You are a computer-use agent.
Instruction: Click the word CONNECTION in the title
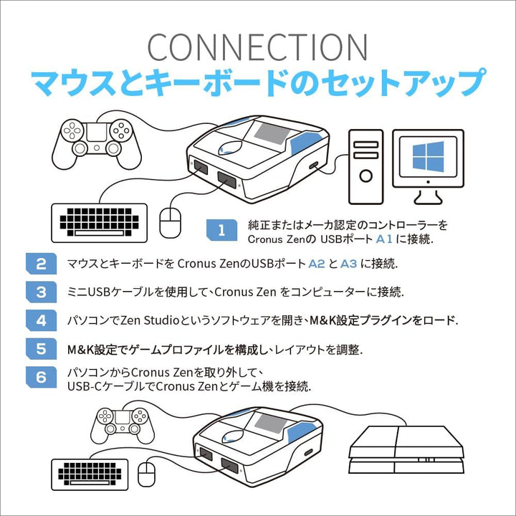click(257, 47)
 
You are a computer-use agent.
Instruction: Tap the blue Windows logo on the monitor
click(428, 157)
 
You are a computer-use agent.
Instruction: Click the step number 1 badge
click(221, 230)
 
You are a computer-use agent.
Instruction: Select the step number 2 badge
click(41, 264)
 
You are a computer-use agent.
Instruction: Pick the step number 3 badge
click(41, 292)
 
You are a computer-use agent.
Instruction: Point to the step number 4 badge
click(41, 320)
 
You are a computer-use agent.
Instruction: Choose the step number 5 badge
click(41, 348)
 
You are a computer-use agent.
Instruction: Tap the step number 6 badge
click(41, 377)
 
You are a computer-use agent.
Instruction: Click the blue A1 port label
click(384, 239)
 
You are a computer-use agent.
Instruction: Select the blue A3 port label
click(348, 264)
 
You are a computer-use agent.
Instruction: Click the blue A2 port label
click(317, 264)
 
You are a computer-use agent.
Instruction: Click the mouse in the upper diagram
click(170, 223)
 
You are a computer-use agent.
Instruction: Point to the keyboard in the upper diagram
click(100, 223)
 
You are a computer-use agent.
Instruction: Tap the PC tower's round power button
click(365, 176)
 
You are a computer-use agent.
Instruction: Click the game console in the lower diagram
click(406, 449)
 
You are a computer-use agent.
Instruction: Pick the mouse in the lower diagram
click(146, 474)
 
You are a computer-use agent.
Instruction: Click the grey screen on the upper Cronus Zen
click(272, 132)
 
